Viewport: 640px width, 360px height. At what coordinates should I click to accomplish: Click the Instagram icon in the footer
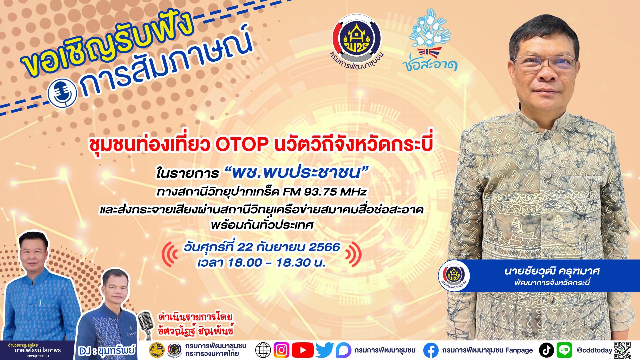[282, 350]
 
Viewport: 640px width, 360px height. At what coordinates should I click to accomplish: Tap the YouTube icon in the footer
[302, 350]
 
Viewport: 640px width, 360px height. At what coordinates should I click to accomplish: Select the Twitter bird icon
[324, 350]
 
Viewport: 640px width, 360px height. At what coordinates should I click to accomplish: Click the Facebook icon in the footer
[431, 350]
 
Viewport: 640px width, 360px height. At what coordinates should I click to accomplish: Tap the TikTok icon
[546, 350]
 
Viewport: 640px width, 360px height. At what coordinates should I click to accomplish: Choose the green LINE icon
[564, 350]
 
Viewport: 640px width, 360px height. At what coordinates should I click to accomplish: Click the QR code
[622, 350]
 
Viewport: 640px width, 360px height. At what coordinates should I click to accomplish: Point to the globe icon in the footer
[263, 350]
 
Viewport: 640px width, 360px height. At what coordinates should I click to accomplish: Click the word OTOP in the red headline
[242, 144]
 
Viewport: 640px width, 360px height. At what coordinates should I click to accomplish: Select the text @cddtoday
[594, 350]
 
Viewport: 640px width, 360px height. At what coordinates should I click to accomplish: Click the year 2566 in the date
[324, 247]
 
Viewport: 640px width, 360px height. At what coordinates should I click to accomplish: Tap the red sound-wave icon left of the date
[170, 254]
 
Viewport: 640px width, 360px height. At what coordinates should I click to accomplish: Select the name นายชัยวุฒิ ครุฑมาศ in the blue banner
[552, 271]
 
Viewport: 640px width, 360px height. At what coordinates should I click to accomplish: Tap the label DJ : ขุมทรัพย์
[107, 351]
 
